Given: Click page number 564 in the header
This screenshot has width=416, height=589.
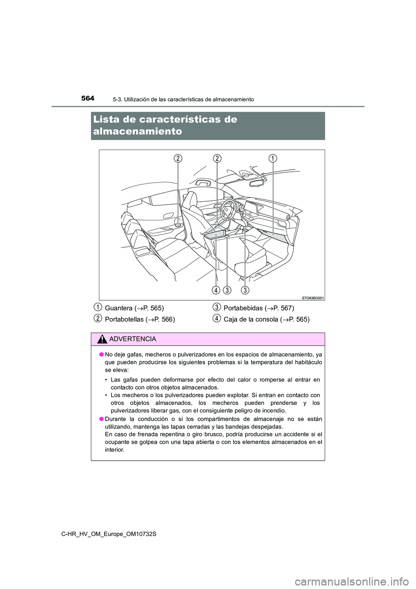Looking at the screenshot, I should (x=87, y=98).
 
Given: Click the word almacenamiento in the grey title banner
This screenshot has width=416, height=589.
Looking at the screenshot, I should (x=137, y=131).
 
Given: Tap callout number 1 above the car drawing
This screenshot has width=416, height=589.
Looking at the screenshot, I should (x=273, y=158).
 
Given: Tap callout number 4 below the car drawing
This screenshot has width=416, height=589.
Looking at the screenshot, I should (x=216, y=290).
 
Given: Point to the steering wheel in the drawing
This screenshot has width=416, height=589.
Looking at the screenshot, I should (x=228, y=209).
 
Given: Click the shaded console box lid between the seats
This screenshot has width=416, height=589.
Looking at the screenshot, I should (x=215, y=235).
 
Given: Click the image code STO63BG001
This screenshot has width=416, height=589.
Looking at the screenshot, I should (x=313, y=298).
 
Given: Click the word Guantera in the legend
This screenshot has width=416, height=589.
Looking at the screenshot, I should (x=119, y=308).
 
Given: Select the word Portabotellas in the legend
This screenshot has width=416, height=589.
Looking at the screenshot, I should (x=124, y=320).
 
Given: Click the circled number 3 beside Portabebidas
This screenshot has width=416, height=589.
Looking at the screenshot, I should (x=217, y=308).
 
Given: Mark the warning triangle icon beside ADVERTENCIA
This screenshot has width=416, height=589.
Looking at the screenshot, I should (x=103, y=339).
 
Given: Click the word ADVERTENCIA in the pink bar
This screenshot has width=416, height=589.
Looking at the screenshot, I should (x=133, y=339).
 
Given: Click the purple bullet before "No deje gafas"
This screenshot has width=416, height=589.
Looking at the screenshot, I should (x=100, y=354).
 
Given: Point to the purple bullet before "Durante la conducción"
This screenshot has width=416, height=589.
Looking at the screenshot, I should (x=100, y=419).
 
